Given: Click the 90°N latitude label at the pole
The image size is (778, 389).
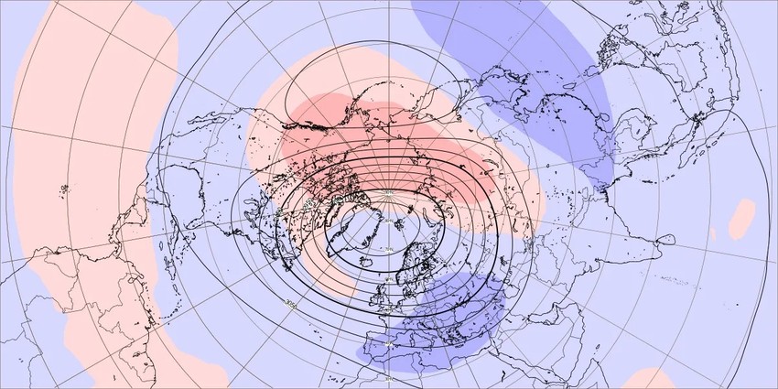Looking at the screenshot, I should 387,193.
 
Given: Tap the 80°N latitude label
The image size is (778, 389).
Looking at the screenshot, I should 387,221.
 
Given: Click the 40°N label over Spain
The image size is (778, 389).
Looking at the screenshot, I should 387,344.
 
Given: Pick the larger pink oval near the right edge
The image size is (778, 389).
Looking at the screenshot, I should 743,220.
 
